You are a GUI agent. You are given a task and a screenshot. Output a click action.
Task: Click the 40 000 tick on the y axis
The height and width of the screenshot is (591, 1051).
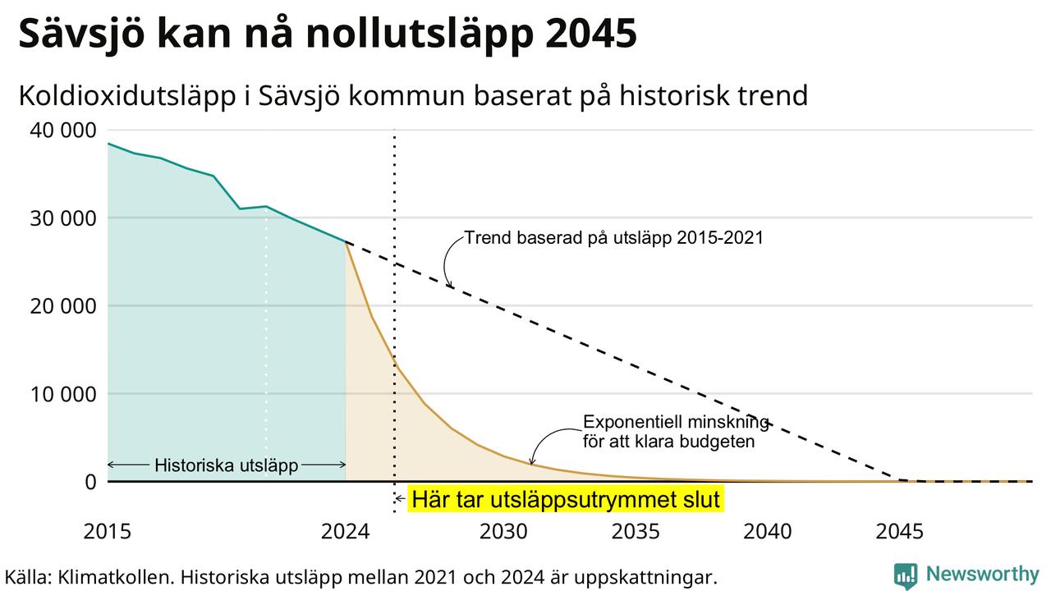click(63, 131)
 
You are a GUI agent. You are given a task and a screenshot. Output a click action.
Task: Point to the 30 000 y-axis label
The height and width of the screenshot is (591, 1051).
click(63, 218)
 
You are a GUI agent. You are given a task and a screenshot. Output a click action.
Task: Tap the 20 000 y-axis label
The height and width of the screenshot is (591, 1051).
click(63, 306)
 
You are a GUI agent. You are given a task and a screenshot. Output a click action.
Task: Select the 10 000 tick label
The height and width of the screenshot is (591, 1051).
click(63, 395)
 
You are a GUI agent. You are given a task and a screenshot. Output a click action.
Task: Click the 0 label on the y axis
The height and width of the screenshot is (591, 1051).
click(90, 482)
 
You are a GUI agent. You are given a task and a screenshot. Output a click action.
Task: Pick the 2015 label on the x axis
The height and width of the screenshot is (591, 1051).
click(108, 532)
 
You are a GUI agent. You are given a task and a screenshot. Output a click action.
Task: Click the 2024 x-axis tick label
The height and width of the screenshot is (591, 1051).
click(346, 532)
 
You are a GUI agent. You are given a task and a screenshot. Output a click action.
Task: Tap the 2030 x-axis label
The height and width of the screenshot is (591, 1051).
click(504, 532)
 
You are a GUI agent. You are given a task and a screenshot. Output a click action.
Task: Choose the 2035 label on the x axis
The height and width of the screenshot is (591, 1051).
click(636, 532)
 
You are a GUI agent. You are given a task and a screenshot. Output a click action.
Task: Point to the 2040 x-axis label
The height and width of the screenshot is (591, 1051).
click(768, 532)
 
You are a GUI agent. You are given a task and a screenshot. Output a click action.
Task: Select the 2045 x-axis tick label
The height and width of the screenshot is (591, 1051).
click(899, 532)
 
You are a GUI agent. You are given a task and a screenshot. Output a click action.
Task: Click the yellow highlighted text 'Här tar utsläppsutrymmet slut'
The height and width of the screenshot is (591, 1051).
click(566, 499)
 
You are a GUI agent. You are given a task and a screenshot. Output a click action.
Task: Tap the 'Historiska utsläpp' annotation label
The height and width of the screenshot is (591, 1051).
click(227, 465)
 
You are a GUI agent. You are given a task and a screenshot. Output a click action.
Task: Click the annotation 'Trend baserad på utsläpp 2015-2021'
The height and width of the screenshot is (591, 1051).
click(613, 238)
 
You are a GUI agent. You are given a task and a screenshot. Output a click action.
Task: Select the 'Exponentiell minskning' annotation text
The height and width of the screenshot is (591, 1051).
click(676, 422)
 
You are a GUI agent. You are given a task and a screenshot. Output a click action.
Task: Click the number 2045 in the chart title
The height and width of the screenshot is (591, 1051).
click(590, 33)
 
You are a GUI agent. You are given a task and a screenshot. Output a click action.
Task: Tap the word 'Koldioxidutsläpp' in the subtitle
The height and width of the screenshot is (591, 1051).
click(126, 96)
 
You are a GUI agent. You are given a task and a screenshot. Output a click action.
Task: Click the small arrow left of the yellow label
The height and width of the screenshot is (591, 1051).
click(399, 498)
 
